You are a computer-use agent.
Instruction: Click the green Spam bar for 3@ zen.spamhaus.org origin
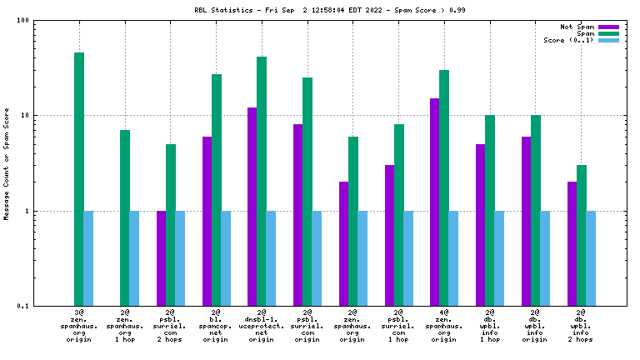click(79, 179)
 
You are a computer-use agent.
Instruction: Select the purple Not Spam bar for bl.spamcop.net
click(207, 221)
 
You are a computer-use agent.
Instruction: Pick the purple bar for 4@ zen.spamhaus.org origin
click(435, 202)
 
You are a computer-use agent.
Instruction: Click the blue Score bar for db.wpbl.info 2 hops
click(591, 258)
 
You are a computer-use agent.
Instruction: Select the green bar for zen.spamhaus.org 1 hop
click(125, 217)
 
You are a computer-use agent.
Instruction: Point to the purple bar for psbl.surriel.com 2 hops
click(162, 258)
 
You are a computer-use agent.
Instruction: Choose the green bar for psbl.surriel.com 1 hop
click(399, 215)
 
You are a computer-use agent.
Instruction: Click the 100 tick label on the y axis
click(22, 21)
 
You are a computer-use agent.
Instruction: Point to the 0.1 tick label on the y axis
click(22, 307)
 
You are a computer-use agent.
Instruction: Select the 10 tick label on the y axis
click(24, 116)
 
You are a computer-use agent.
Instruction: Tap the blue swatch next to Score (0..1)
click(609, 41)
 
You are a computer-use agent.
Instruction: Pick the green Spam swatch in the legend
click(609, 34)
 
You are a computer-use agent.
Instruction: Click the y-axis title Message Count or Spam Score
click(7, 163)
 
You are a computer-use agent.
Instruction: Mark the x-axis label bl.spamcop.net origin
click(216, 327)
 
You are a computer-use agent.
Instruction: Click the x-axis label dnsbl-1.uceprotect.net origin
click(262, 327)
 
